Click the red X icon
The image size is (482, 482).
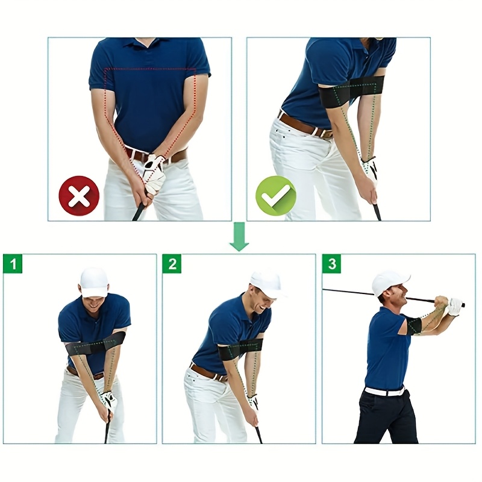pyautogui.click(x=79, y=196)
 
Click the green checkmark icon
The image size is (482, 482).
pyautogui.click(x=276, y=196)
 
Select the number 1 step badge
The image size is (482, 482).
pyautogui.click(x=13, y=264)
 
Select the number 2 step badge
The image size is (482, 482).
pyautogui.click(x=172, y=264)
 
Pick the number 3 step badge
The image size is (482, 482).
pyautogui.click(x=331, y=264)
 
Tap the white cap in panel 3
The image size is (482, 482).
pyautogui.click(x=389, y=281)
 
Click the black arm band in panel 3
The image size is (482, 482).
pyautogui.click(x=413, y=326)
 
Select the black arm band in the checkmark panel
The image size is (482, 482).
pyautogui.click(x=349, y=92)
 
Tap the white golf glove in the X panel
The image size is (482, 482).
pyautogui.click(x=154, y=175)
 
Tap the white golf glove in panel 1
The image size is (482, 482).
pyautogui.click(x=108, y=401)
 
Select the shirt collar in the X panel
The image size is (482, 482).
pyautogui.click(x=148, y=43)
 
